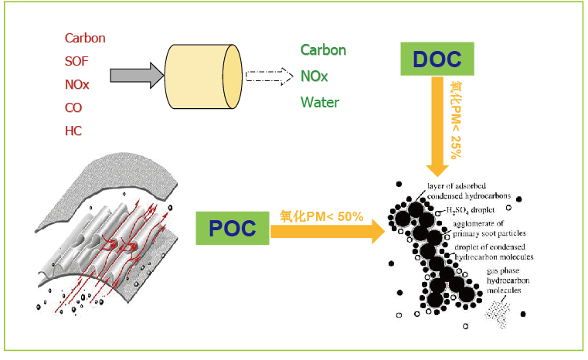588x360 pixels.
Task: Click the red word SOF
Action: point(76,61)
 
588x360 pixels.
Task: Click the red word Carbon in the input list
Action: point(85,38)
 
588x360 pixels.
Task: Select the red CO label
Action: point(73,107)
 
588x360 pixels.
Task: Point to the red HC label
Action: point(73,131)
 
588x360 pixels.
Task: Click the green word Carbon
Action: point(323,50)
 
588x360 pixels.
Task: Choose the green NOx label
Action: point(314,76)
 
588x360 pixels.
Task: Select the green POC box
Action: point(232,228)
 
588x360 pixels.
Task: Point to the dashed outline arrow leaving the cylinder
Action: point(267,76)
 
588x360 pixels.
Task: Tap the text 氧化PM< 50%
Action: point(321,216)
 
